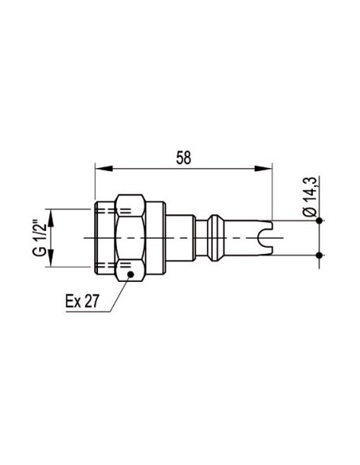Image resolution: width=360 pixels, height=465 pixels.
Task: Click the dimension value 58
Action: (183, 158)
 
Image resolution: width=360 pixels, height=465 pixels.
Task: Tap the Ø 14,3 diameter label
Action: (309, 197)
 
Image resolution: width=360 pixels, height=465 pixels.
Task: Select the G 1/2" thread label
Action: (39, 238)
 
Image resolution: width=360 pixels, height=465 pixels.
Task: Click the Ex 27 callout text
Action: (82, 301)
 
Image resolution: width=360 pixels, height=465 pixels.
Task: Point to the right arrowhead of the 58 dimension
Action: (264, 169)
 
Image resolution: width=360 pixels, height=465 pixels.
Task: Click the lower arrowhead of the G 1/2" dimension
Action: (51, 258)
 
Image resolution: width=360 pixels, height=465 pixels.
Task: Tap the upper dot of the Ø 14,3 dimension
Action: (319, 221)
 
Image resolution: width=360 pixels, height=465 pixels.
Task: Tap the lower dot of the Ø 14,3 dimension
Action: (319, 255)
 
